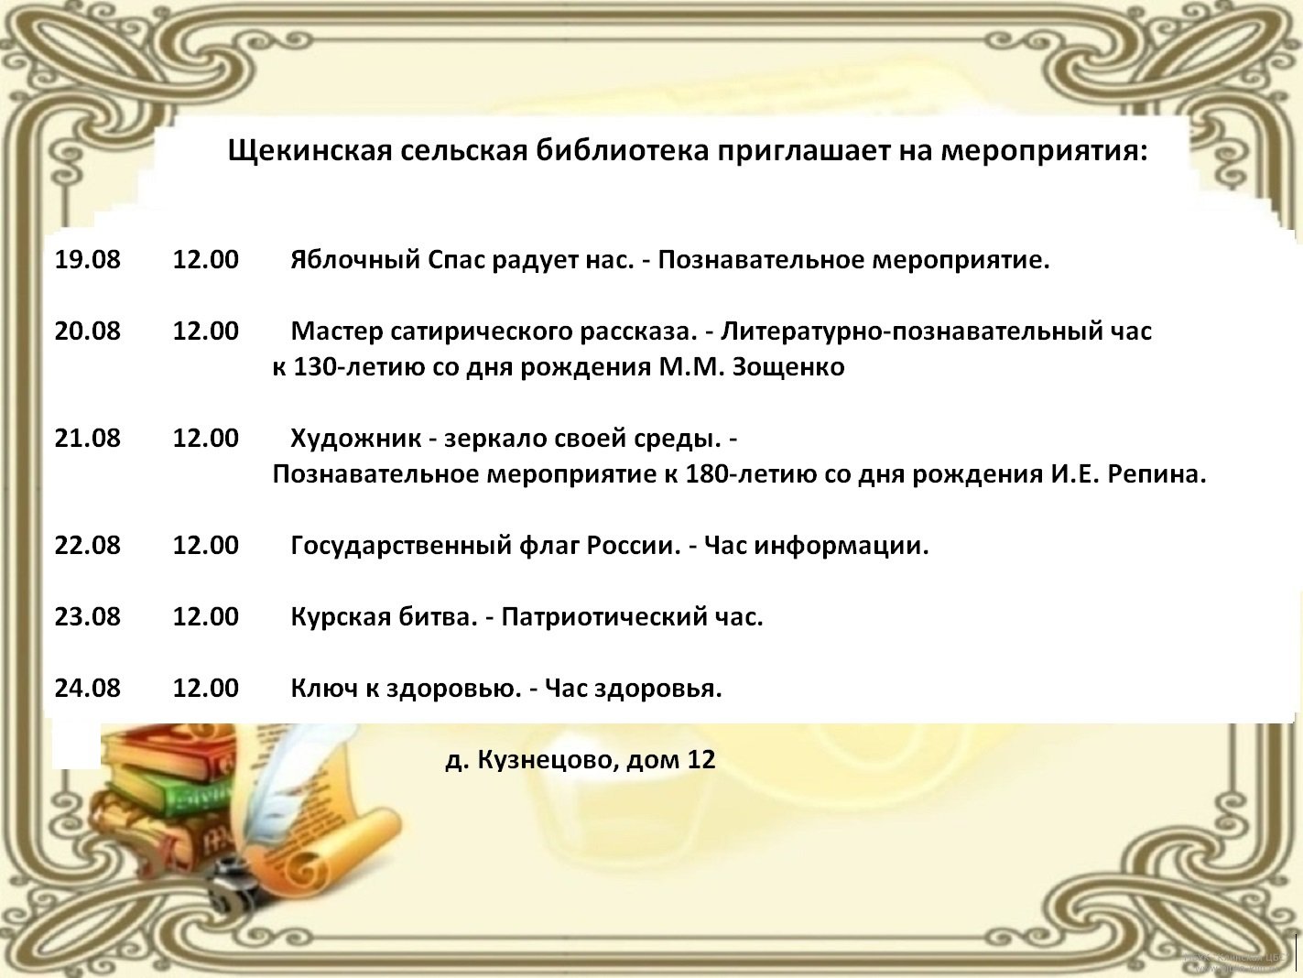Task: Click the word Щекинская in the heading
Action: click(309, 152)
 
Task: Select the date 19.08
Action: click(88, 260)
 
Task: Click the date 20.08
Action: click(88, 331)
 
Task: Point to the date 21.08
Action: click(88, 438)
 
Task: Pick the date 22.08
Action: click(88, 545)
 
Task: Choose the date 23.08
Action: click(88, 616)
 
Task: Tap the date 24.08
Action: click(88, 688)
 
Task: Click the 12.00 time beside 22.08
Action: click(206, 545)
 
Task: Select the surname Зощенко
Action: click(788, 367)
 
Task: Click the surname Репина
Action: click(1157, 474)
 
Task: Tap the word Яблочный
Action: click(355, 260)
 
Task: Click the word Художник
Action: click(355, 439)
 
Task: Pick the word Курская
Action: click(340, 617)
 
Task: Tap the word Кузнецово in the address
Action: click(546, 760)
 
